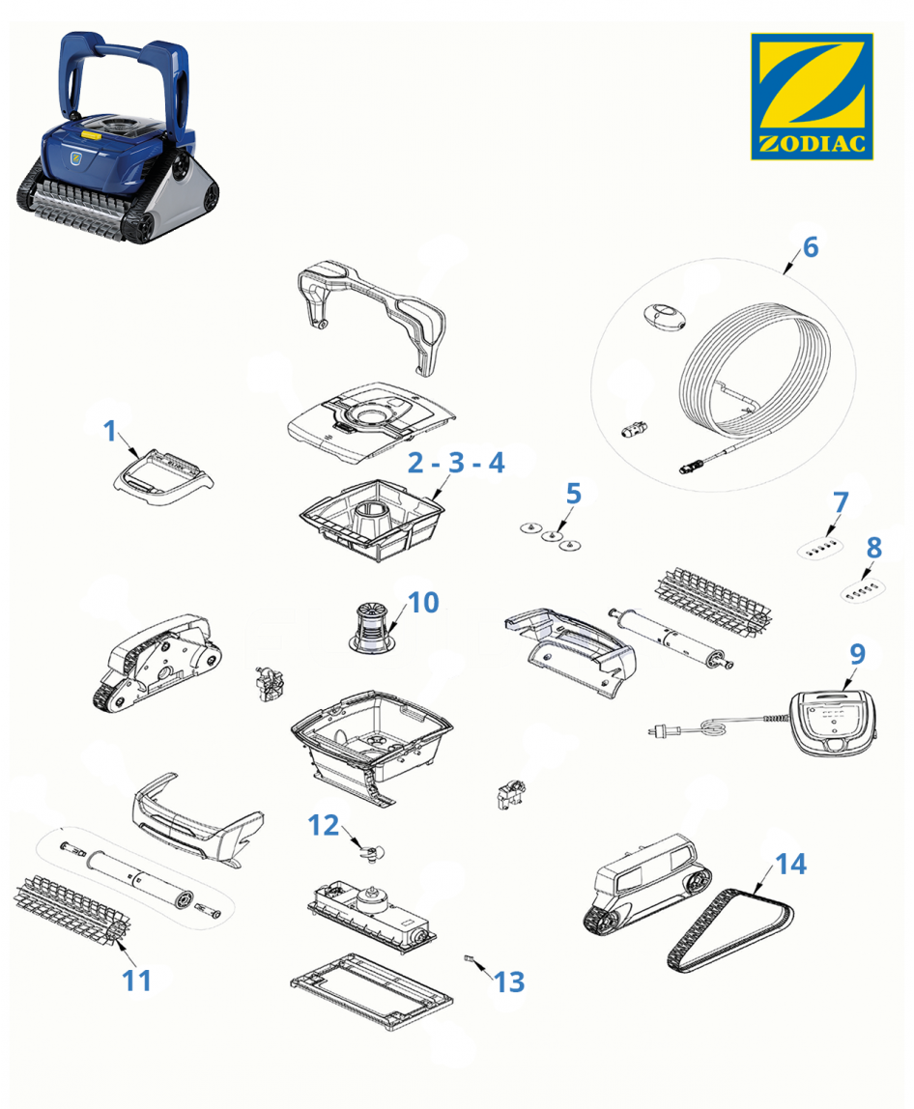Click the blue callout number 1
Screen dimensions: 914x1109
[109, 431]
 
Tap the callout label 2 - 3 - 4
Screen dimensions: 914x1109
[456, 463]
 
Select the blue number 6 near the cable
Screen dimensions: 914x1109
[810, 247]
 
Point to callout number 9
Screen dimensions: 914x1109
[857, 653]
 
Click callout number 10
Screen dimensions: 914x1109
[424, 603]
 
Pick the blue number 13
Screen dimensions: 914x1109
[509, 981]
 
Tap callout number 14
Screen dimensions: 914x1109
[791, 864]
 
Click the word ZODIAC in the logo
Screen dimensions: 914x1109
[813, 144]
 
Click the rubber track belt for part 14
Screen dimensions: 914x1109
[731, 930]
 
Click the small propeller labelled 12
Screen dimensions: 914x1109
[371, 854]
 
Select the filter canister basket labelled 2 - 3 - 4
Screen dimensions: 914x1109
[372, 519]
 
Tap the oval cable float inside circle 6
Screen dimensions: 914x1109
[664, 316]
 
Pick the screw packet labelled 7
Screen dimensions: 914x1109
[820, 548]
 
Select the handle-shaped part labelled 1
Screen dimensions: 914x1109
[163, 476]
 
